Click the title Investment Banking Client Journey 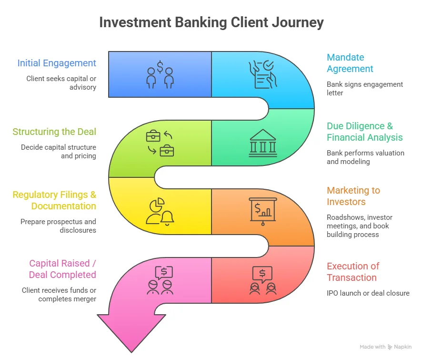tap(211, 22)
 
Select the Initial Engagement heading tap(57, 63)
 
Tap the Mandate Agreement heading tap(350, 63)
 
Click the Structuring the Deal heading tap(54, 132)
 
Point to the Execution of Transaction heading tap(352, 272)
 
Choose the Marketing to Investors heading tap(353, 196)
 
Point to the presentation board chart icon tap(262, 211)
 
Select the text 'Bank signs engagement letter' tap(364, 88)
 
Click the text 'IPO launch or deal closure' tap(368, 293)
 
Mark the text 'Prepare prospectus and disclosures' tap(58, 226)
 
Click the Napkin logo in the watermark tap(390, 347)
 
